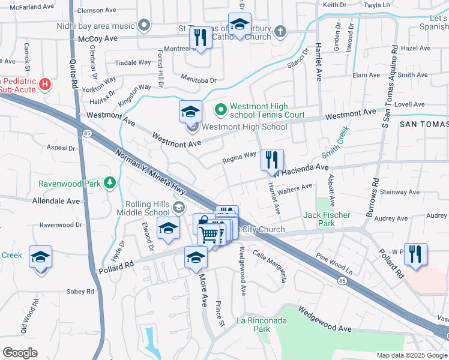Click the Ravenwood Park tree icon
pyautogui.click(x=110, y=182)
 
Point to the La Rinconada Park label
pyautogui.click(x=262, y=324)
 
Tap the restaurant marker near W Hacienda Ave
pyautogui.click(x=272, y=160)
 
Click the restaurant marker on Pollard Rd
pyautogui.click(x=415, y=254)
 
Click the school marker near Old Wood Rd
pyautogui.click(x=41, y=257)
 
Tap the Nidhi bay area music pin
pyautogui.click(x=143, y=26)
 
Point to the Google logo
pyautogui.click(x=20, y=353)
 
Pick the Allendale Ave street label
pyautogui.click(x=56, y=200)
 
